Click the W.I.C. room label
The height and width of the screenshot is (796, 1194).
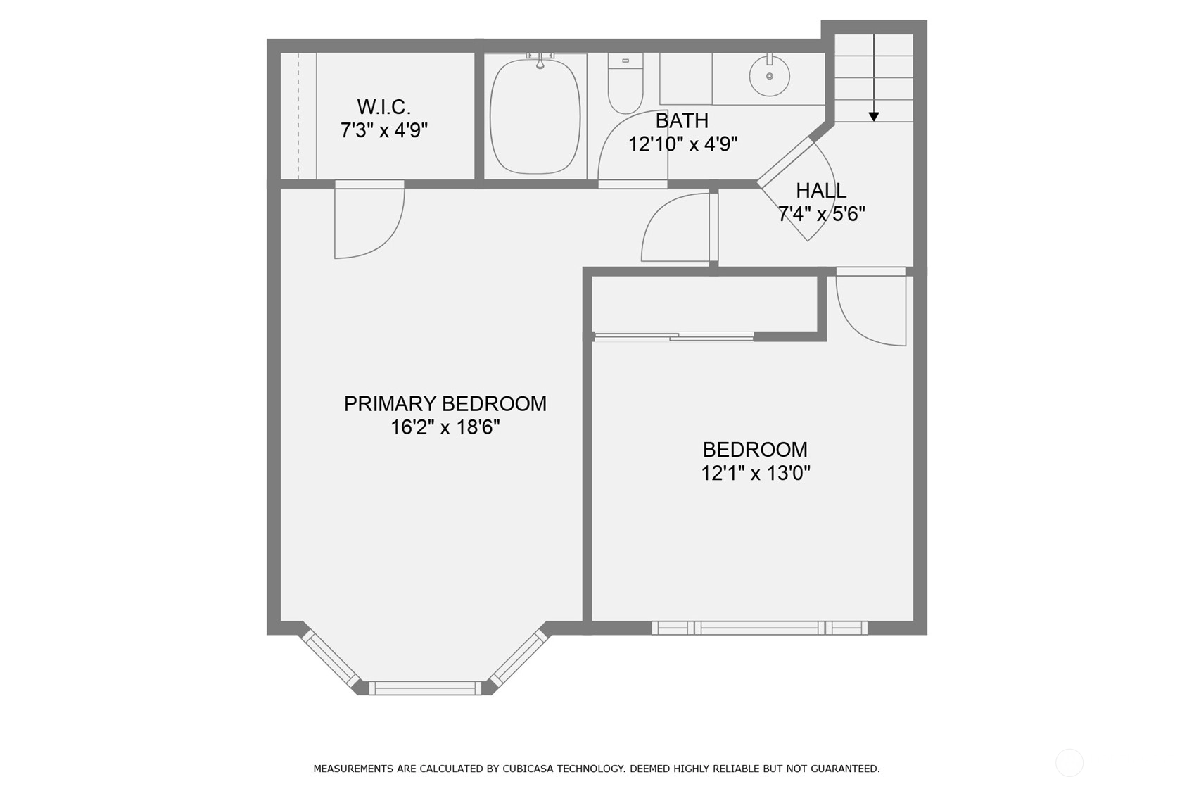click(x=383, y=107)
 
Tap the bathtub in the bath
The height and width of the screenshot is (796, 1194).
click(x=535, y=116)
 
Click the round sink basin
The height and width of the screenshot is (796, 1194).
click(x=769, y=76)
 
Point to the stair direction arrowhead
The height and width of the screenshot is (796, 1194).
click(x=874, y=117)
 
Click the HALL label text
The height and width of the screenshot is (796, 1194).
click(x=821, y=190)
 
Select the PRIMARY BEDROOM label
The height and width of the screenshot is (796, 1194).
click(x=445, y=403)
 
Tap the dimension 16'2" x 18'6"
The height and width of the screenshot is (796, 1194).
click(x=445, y=427)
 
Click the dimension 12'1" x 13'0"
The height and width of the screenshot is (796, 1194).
click(x=756, y=473)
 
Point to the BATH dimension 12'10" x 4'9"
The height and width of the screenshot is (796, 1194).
click(x=682, y=144)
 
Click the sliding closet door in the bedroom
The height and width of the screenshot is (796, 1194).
click(x=674, y=336)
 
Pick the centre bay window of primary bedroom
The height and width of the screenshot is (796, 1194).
click(x=425, y=688)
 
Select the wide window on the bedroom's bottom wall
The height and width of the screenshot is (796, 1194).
click(x=760, y=628)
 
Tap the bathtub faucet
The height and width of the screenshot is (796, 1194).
click(x=540, y=60)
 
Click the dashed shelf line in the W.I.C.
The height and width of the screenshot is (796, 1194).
click(x=298, y=115)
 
